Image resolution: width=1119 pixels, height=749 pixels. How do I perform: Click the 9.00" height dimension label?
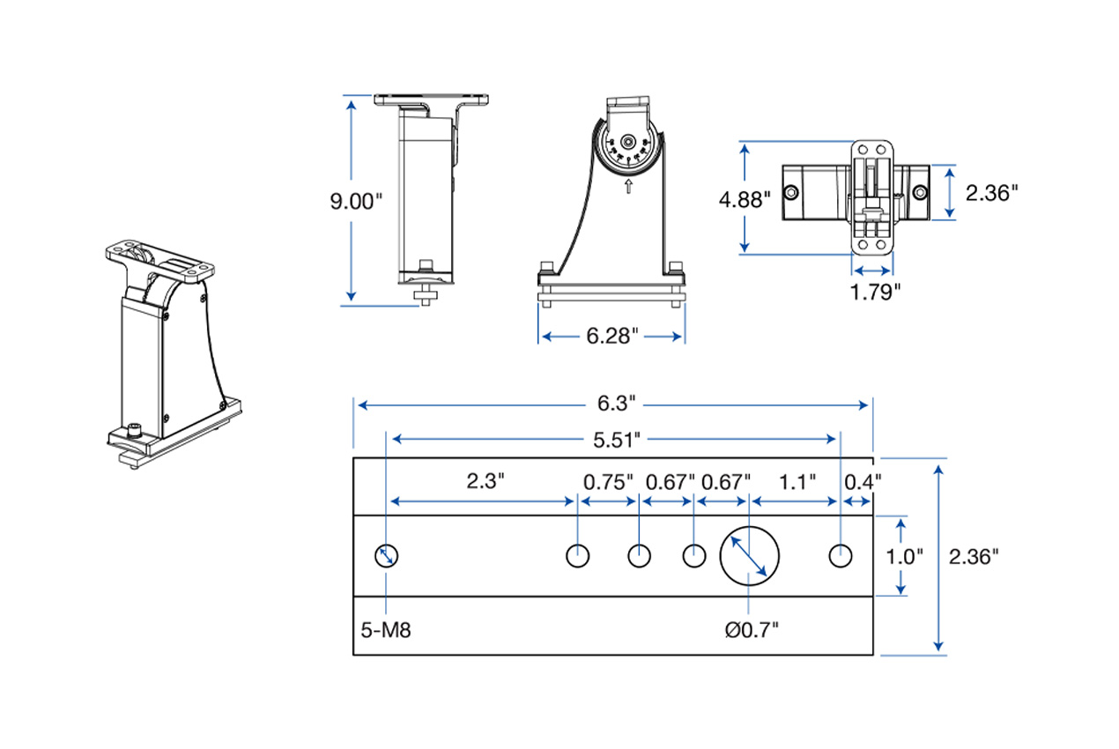pos(356,201)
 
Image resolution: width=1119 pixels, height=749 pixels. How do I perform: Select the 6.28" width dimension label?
pos(611,337)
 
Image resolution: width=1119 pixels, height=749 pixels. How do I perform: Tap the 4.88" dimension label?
pos(745,199)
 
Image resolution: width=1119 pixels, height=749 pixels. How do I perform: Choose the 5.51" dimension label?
pos(613,437)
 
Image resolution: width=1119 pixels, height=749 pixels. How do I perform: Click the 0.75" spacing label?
pos(609,481)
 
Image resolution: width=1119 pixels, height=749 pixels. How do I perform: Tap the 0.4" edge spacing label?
pos(862,481)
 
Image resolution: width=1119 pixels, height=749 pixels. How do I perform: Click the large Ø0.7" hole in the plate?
pos(750,555)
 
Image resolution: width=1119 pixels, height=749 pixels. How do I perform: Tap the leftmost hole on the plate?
pos(387,556)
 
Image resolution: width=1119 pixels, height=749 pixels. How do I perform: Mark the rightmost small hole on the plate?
pos(841,556)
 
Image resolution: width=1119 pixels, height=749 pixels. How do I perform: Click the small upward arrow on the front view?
pos(627,187)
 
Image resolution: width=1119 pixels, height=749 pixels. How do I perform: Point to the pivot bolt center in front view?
pos(627,142)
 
